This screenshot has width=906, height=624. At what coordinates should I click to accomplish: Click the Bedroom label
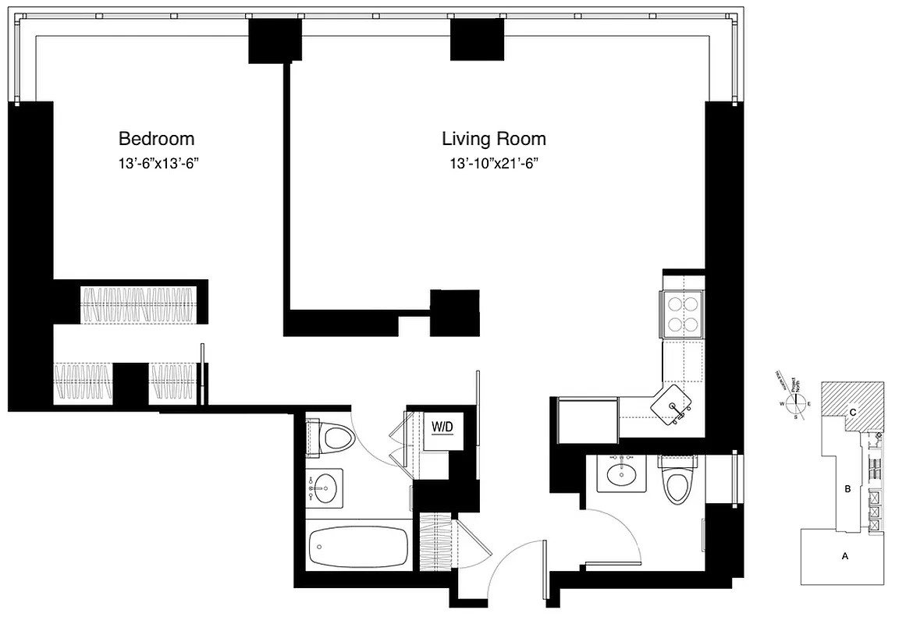pyautogui.click(x=156, y=139)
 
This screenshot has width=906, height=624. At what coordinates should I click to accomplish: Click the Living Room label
pyautogui.click(x=493, y=139)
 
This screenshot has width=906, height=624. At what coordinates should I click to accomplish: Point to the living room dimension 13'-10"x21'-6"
pyautogui.click(x=493, y=164)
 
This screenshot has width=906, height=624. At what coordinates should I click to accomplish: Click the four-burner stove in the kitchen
pyautogui.click(x=684, y=314)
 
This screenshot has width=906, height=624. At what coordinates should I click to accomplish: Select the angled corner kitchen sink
pyautogui.click(x=674, y=406)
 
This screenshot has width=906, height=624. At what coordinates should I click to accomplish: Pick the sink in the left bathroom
pyautogui.click(x=324, y=488)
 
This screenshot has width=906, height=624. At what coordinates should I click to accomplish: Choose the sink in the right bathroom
pyautogui.click(x=622, y=473)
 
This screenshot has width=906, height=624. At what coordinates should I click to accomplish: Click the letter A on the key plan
pyautogui.click(x=844, y=556)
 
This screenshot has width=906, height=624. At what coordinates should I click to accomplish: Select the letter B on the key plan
pyautogui.click(x=847, y=490)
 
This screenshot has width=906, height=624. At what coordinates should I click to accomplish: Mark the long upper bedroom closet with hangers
pyautogui.click(x=137, y=304)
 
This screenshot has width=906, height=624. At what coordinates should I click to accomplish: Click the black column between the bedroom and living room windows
pyautogui.click(x=275, y=41)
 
